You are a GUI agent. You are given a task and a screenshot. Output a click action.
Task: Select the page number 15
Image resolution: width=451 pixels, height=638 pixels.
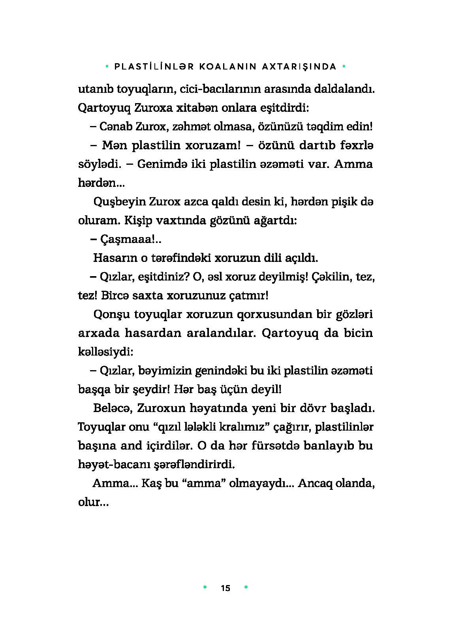coord(226,588)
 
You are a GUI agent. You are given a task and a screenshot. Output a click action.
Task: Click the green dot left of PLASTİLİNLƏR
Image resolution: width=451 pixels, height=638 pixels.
coord(107,66)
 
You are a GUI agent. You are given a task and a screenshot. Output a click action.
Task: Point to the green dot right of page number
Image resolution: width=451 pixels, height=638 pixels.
coord(246,587)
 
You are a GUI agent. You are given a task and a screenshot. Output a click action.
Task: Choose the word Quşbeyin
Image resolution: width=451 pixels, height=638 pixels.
coord(119,201)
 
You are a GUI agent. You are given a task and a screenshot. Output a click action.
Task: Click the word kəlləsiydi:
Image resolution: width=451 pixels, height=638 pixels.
coord(105,352)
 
